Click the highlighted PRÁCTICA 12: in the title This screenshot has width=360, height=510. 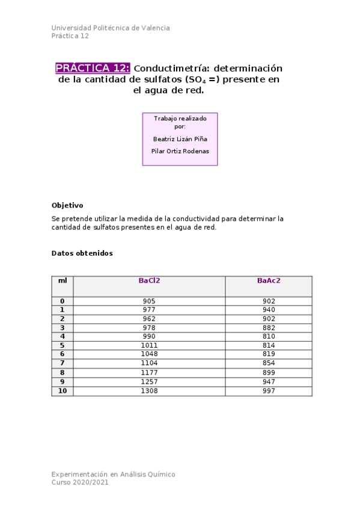[93, 68]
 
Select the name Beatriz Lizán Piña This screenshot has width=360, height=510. [180, 138]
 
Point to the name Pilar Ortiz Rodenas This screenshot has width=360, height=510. [180, 151]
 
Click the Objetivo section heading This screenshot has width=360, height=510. [67, 205]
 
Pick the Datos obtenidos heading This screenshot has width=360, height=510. [82, 253]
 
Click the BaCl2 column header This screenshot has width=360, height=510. [149, 280]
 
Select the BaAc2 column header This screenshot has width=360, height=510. [269, 280]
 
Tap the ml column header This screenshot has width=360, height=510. [63, 280]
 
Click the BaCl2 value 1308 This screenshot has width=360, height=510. [149, 391]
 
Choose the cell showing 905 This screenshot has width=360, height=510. [149, 301]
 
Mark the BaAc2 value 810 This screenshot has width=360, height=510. [269, 336]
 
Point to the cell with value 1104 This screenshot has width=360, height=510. [149, 363]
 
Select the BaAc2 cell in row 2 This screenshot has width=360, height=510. [269, 319]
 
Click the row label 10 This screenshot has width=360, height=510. [63, 391]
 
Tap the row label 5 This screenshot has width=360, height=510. [63, 345]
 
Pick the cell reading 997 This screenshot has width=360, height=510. [269, 391]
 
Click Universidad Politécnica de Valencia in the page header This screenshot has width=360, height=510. [111, 28]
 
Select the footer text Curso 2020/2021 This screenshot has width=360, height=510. [80, 482]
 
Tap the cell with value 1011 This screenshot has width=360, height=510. [149, 345]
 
